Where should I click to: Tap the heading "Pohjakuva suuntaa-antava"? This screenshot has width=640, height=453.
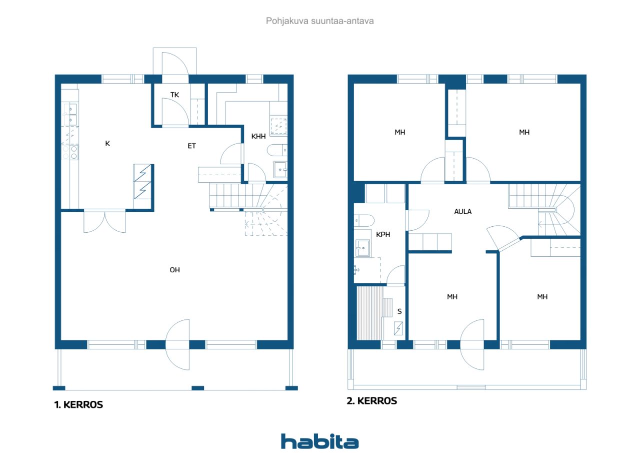tap(319, 21)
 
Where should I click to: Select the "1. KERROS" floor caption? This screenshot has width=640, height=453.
tap(78, 404)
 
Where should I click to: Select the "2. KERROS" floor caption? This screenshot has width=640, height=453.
tap(371, 400)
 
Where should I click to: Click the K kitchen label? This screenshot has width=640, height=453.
tap(107, 143)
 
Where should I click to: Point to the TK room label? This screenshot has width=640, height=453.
tap(174, 95)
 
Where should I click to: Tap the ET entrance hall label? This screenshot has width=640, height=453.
tap(191, 146)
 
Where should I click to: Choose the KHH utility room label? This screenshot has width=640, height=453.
tap(258, 136)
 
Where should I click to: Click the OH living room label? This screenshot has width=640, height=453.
tap(174, 270)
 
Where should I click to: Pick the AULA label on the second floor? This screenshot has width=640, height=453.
tap(463, 211)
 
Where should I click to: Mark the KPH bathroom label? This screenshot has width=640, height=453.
tap(383, 234)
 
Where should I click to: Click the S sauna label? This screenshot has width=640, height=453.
tap(399, 311)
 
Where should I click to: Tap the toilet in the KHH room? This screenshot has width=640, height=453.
tap(277, 150)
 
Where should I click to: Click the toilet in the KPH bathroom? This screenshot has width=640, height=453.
tap(364, 221)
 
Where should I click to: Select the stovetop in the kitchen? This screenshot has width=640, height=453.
tap(70, 153)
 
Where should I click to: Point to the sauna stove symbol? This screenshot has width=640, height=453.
tap(398, 328)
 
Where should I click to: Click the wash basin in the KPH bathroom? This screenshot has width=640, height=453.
tap(363, 248)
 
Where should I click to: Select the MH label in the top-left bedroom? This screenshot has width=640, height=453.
tap(399, 132)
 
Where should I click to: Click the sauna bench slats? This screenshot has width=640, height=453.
tap(369, 313)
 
